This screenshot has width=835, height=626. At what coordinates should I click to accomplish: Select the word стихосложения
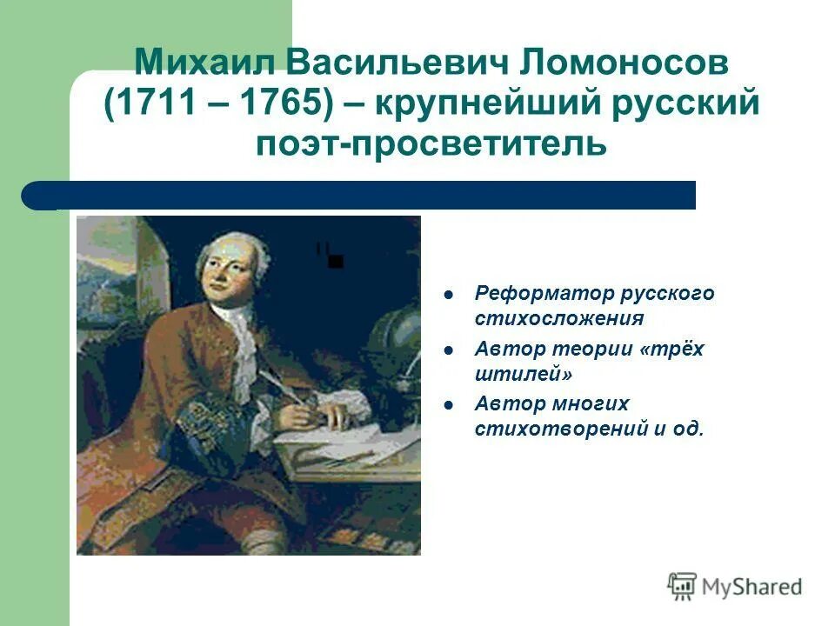[559, 318]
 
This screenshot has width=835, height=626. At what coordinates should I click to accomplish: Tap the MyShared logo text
[751, 587]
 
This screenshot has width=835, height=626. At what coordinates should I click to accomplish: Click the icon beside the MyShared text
[683, 587]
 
